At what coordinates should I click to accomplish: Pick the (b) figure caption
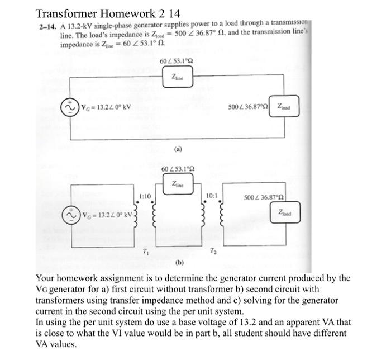click(x=179, y=262)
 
